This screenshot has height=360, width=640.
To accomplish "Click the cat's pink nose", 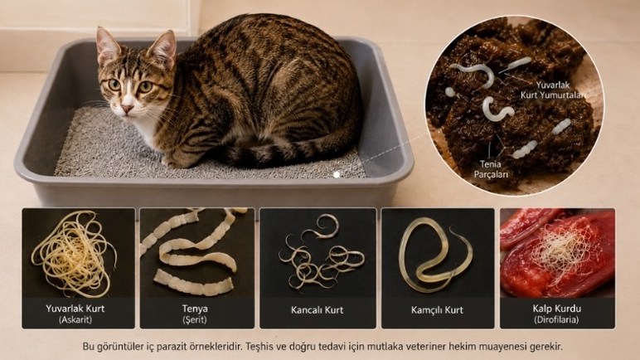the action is pyautogui.click(x=127, y=109).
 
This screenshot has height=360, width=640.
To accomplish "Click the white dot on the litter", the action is pyautogui.click(x=337, y=174).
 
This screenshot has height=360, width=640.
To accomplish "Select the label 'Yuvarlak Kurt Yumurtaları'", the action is pyautogui.click(x=553, y=90).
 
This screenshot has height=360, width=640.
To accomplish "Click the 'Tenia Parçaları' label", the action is pyautogui.click(x=491, y=169).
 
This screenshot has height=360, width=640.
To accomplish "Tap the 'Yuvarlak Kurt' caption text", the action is pyautogui.click(x=75, y=309).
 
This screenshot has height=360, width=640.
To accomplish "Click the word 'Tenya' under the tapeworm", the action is pyautogui.click(x=195, y=309).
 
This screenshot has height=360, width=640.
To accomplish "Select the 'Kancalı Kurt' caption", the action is pyautogui.click(x=318, y=310).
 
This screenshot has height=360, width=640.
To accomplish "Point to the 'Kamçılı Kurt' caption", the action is pyautogui.click(x=437, y=310).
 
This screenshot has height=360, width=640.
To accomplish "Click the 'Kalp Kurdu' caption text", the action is pyautogui.click(x=557, y=309).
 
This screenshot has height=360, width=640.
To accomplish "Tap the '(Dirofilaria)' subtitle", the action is pyautogui.click(x=556, y=319).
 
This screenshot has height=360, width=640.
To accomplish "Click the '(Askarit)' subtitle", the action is pyautogui.click(x=75, y=319).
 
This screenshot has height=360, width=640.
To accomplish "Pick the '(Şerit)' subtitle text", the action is pyautogui.click(x=195, y=319).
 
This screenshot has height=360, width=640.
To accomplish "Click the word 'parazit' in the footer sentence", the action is pyautogui.click(x=172, y=348).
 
